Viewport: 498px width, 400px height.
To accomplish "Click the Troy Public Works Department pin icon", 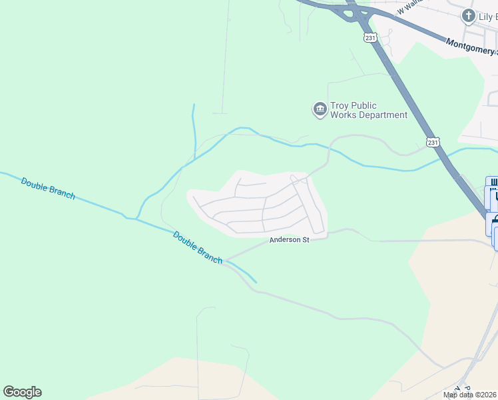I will pyautogui.click(x=319, y=109).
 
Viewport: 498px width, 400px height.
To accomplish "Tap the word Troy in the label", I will pyautogui.click(x=344, y=105).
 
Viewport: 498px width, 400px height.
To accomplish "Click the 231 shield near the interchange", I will pyautogui.click(x=371, y=38).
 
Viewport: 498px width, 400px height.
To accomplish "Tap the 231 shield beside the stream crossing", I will pyautogui.click(x=433, y=142).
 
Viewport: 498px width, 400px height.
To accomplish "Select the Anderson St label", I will pyautogui.click(x=290, y=240).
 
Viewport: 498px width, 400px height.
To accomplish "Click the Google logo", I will pyautogui.click(x=22, y=392).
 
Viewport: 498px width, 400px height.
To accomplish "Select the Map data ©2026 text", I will pyautogui.click(x=470, y=395).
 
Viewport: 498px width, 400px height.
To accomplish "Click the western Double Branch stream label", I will pyautogui.click(x=47, y=189).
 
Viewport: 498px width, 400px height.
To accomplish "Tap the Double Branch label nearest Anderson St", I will pyautogui.click(x=197, y=247).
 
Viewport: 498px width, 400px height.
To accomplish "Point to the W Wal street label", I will pyautogui.click(x=409, y=7).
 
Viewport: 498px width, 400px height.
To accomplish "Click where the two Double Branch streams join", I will pyautogui.click(x=136, y=218).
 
